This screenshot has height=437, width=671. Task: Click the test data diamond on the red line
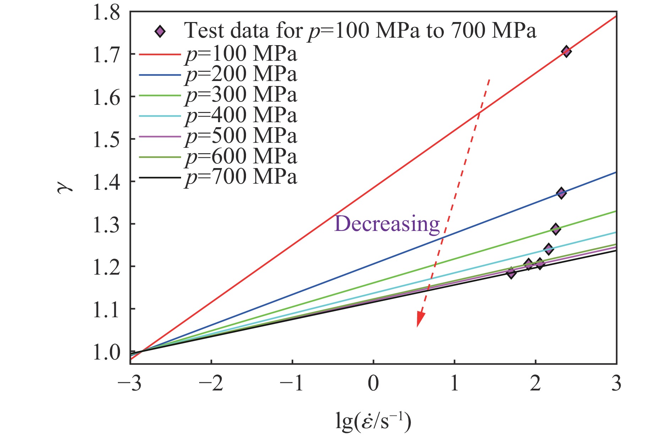tap(566, 52)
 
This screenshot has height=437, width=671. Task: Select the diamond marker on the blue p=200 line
tap(561, 193)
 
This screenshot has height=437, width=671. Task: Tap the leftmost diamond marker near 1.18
tap(511, 273)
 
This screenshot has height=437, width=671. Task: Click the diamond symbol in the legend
tap(160, 32)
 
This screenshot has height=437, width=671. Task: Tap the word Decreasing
tap(387, 224)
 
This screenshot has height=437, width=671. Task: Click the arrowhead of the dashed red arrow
tap(420, 319)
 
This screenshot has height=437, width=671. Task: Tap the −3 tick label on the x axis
tap(131, 384)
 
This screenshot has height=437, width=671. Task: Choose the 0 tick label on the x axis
tap(373, 384)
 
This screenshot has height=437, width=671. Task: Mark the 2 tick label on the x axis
tap(535, 384)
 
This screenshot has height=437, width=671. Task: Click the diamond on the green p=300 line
tap(556, 229)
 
